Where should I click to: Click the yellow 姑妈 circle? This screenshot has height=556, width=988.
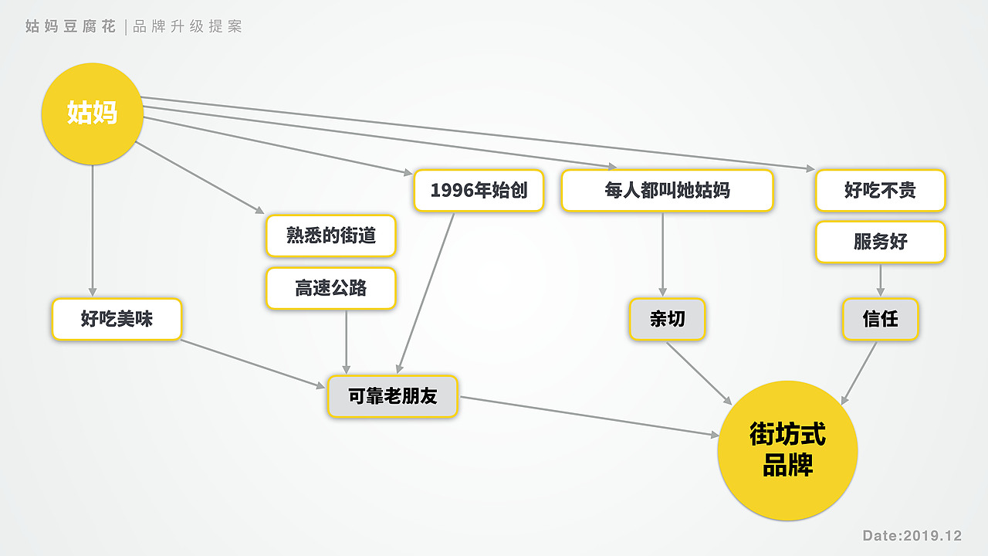[92, 114]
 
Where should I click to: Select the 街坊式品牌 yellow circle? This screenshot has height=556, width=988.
[788, 450]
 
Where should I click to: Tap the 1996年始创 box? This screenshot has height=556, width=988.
[479, 191]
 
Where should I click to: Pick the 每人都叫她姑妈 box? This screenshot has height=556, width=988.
[668, 191]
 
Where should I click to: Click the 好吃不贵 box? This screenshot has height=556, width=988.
[881, 191]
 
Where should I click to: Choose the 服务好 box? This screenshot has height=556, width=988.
[881, 242]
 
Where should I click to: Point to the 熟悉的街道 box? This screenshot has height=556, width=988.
[331, 236]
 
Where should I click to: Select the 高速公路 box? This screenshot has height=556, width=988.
[331, 288]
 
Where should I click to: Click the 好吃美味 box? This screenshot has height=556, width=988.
[117, 319]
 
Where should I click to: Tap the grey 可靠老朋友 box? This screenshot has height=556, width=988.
[393, 396]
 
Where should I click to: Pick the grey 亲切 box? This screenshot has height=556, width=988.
[668, 319]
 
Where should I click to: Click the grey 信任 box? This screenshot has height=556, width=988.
[881, 319]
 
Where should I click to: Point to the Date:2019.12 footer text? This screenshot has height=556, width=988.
[912, 536]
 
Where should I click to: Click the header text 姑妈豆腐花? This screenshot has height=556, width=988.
[70, 26]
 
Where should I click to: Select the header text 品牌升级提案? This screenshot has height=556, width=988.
[188, 26]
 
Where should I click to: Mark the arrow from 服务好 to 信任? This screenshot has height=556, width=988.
[881, 280]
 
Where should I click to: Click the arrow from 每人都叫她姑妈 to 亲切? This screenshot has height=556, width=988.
[662, 255]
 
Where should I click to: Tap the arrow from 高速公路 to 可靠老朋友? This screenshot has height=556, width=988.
[347, 342]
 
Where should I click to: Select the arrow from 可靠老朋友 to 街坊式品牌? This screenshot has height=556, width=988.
[589, 416]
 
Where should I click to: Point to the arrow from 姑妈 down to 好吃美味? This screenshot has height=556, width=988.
[92, 231]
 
